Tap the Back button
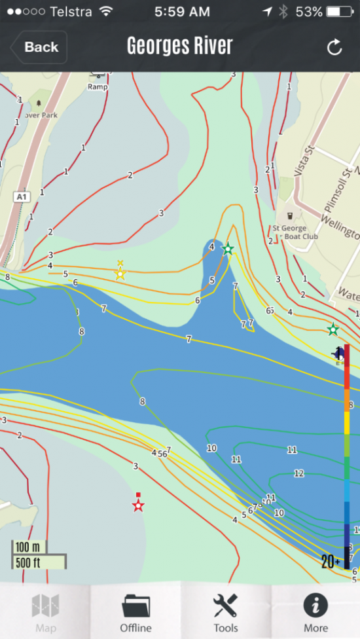39,47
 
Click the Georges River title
180,46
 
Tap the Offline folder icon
135,606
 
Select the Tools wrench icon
225,606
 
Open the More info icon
315,606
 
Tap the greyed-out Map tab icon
45,606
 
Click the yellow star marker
120,274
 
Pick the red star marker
138,505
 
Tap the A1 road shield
22,196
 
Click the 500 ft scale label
29,561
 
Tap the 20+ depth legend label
331,560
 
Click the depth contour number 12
299,473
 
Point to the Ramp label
98,86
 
